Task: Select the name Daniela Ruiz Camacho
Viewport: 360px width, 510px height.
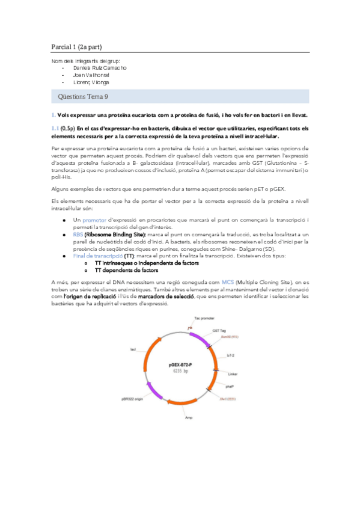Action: (x=99, y=68)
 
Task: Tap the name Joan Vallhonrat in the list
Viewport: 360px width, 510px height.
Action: (x=91, y=75)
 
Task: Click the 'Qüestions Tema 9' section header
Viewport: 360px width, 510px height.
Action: (x=83, y=96)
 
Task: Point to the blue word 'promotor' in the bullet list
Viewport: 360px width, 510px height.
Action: (x=94, y=220)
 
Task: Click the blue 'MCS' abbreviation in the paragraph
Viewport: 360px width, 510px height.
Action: (x=227, y=282)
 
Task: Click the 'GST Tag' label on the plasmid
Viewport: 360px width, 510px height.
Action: (x=219, y=330)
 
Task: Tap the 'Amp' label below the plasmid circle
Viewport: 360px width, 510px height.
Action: (x=188, y=416)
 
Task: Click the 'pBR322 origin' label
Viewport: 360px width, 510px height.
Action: (x=132, y=399)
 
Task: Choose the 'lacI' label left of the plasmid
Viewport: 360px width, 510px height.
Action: (x=133, y=349)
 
